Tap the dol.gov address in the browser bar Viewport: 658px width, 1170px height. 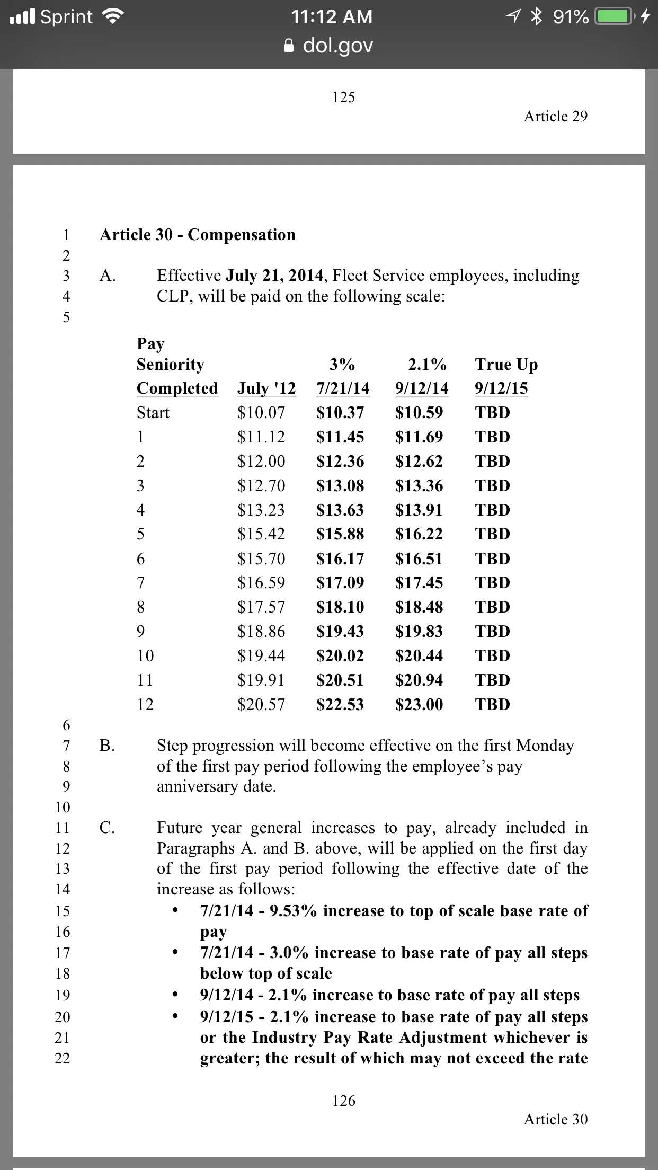(x=337, y=46)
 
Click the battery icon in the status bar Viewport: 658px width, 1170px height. (x=615, y=17)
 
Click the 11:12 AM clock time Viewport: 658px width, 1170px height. (x=332, y=17)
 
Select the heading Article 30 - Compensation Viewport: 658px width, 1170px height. (x=197, y=234)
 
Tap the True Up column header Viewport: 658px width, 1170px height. (x=506, y=365)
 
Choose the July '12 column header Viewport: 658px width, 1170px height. (x=266, y=388)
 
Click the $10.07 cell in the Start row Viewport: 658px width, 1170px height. (x=261, y=412)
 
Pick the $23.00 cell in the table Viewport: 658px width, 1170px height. (x=419, y=704)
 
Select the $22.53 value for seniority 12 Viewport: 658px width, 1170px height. (x=340, y=704)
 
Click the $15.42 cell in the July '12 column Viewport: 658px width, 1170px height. (x=261, y=534)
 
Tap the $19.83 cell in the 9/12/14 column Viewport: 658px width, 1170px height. (x=419, y=631)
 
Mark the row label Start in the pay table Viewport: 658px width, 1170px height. (x=153, y=412)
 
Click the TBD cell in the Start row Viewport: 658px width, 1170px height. (x=492, y=412)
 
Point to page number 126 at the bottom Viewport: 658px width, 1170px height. (x=343, y=1101)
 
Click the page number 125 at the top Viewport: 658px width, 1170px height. (x=343, y=97)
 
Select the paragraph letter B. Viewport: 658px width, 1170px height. (x=106, y=746)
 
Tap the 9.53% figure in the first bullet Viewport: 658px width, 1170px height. (x=294, y=910)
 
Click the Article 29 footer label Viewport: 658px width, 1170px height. (x=555, y=116)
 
